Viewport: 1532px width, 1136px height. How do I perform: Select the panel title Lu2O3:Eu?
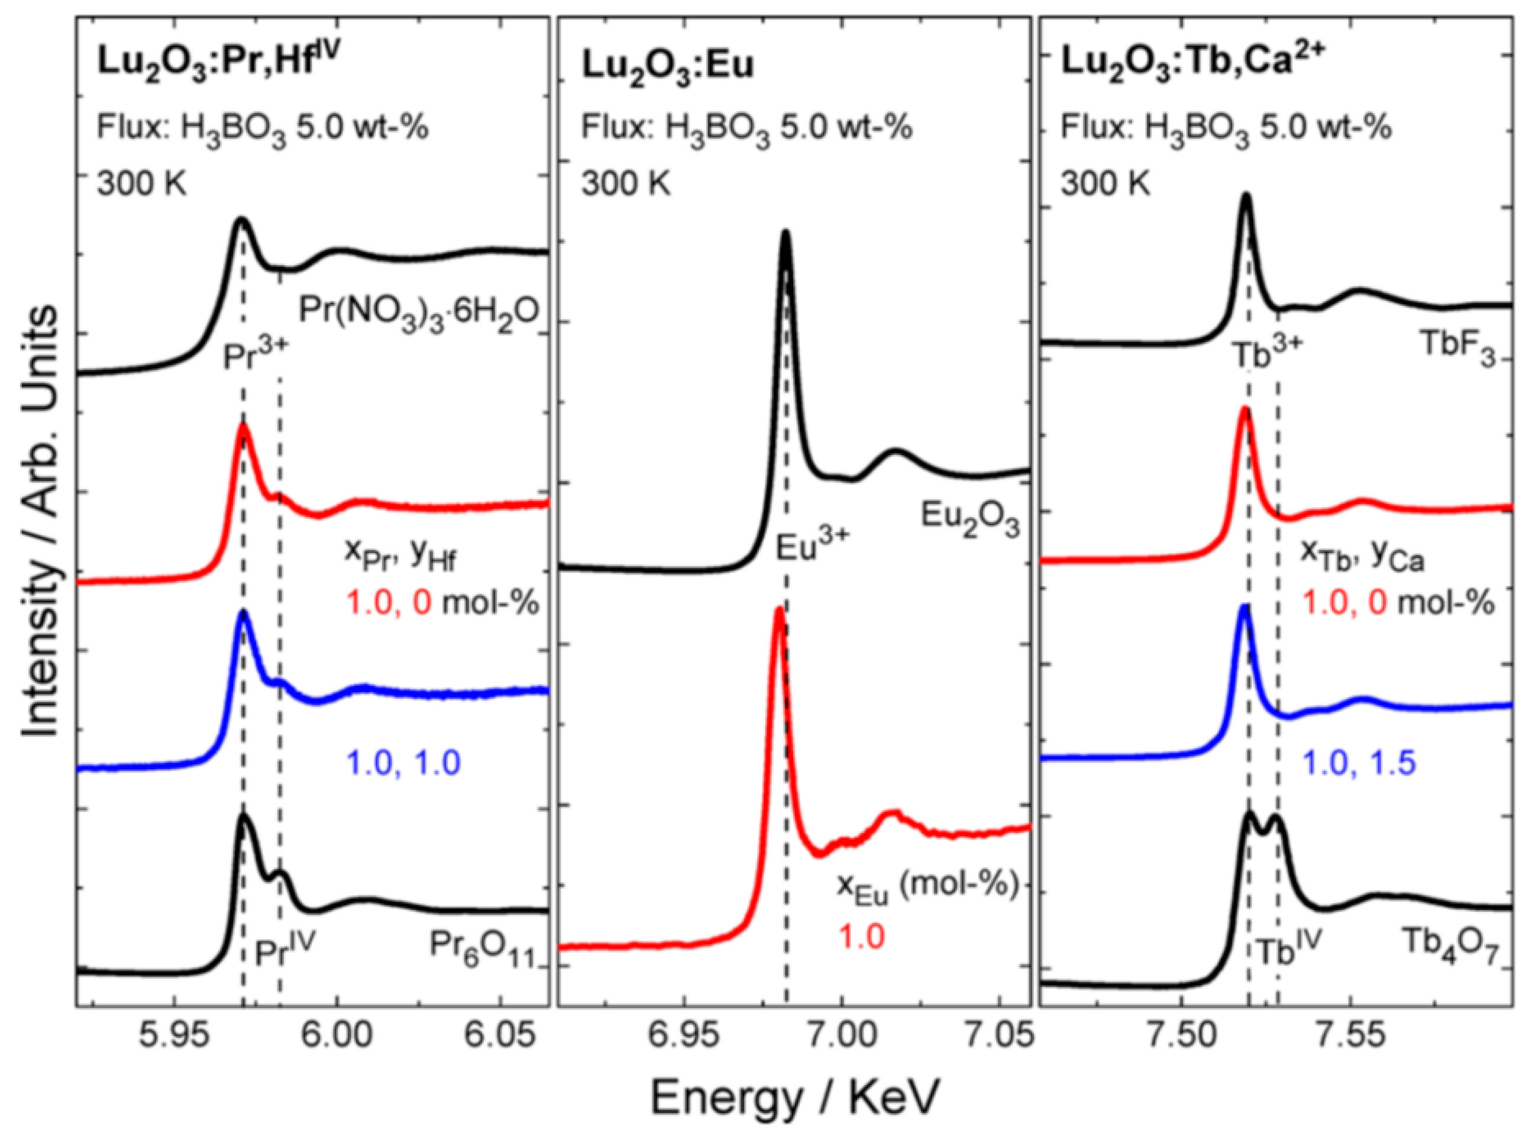click(668, 67)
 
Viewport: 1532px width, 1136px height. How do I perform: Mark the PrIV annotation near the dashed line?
click(285, 952)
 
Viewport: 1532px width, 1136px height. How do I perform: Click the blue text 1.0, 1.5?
click(1359, 764)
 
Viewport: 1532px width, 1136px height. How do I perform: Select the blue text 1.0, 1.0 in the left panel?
click(403, 763)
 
